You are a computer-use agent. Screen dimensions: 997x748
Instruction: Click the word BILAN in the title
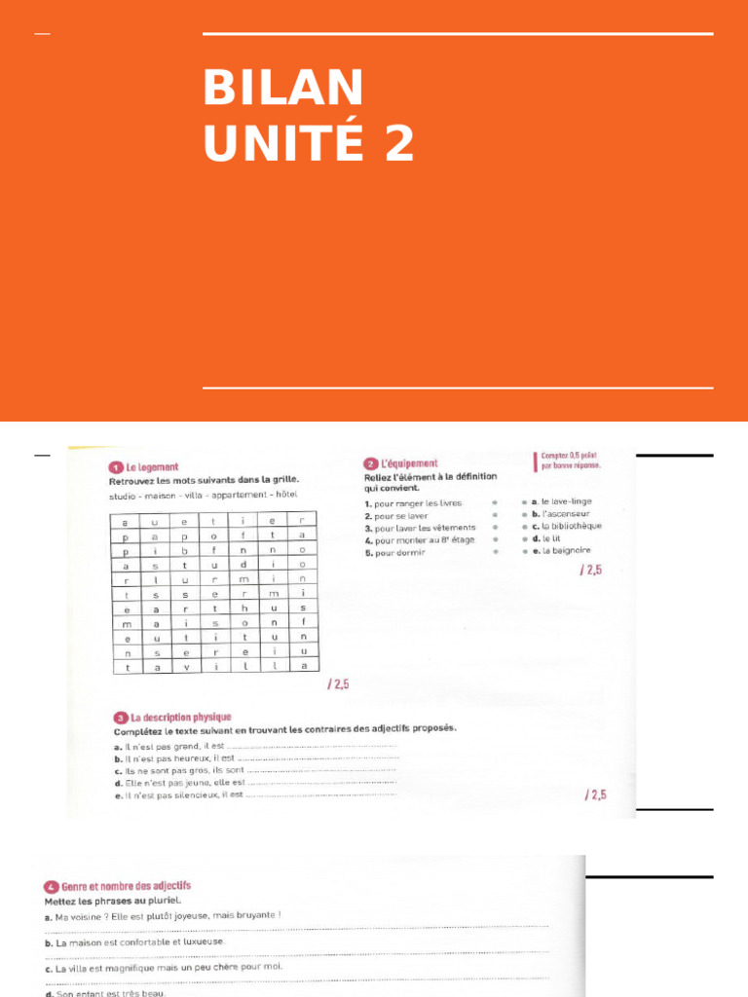pyautogui.click(x=283, y=89)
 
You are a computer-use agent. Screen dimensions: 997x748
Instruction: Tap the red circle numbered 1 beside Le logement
pyautogui.click(x=115, y=467)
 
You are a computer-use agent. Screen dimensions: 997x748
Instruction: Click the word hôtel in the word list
pyautogui.click(x=286, y=495)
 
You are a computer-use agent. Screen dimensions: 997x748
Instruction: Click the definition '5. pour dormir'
pyautogui.click(x=394, y=552)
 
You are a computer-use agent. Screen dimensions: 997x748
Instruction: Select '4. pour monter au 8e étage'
pyautogui.click(x=420, y=539)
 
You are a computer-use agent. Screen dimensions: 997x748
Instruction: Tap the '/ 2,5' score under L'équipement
pyautogui.click(x=591, y=571)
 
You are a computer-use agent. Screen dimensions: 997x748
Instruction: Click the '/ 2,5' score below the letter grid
pyautogui.click(x=337, y=684)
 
